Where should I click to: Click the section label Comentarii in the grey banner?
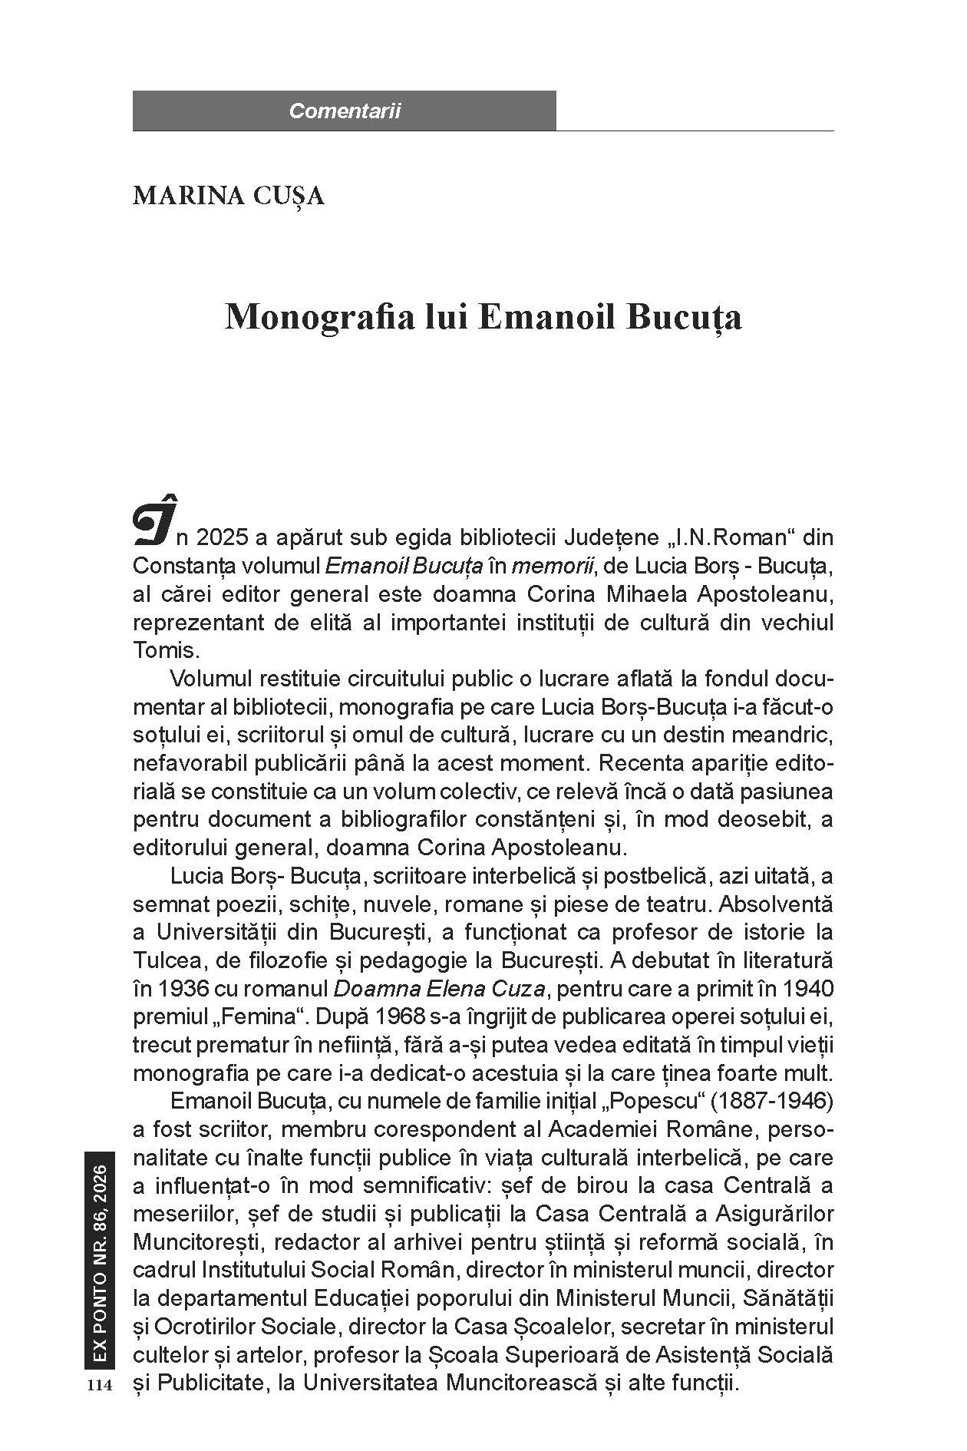click(345, 111)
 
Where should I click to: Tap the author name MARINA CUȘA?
click(229, 196)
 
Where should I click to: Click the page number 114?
click(100, 1385)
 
